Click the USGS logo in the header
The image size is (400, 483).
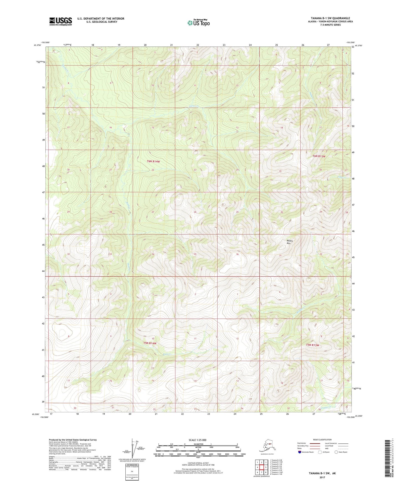click(x=60, y=21)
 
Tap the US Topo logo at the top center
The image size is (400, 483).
click(x=198, y=22)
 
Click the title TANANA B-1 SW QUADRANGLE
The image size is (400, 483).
click(x=330, y=18)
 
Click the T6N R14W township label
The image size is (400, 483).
click(x=153, y=161)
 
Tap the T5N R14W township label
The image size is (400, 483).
click(x=150, y=343)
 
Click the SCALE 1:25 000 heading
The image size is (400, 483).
click(x=197, y=440)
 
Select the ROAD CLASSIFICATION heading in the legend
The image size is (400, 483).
click(x=322, y=440)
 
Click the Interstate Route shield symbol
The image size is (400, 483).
click(x=300, y=452)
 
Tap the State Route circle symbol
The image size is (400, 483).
click(x=336, y=452)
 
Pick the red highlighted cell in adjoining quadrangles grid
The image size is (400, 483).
click(x=261, y=467)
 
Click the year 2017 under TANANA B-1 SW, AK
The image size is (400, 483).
click(x=322, y=477)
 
